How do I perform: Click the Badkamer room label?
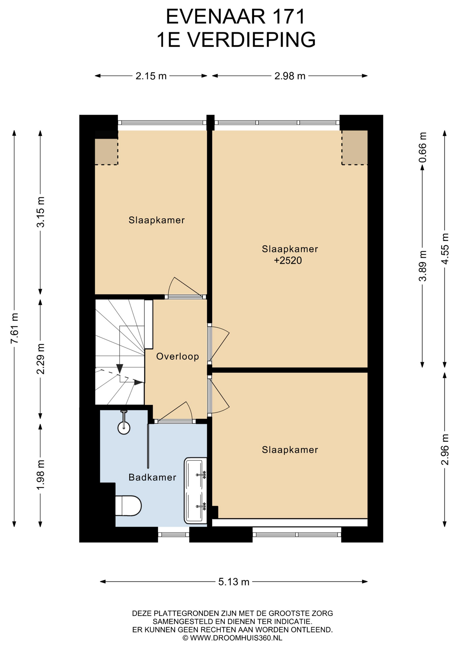152,477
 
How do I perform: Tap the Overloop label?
177,356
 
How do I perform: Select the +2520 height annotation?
288,261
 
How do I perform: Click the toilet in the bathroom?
128,506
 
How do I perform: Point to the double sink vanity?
195,490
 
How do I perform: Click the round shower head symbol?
124,428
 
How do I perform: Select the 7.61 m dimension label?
15,328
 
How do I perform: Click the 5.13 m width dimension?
234,582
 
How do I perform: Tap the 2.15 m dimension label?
151,76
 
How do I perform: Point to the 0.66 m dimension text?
422,147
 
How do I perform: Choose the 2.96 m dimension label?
445,450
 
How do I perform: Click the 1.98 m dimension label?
41,475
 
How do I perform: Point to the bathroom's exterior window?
174,534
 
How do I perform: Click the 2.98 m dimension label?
290,76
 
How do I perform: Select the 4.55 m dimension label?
445,249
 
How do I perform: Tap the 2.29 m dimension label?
41,359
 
